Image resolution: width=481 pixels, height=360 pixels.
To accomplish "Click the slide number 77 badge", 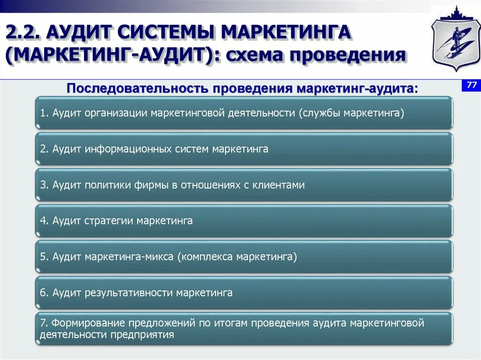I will tap(472, 85).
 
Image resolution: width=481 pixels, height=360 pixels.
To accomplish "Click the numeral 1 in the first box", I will tap(43, 113).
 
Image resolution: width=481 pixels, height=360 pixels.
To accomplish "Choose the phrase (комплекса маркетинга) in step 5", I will tap(237, 257).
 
